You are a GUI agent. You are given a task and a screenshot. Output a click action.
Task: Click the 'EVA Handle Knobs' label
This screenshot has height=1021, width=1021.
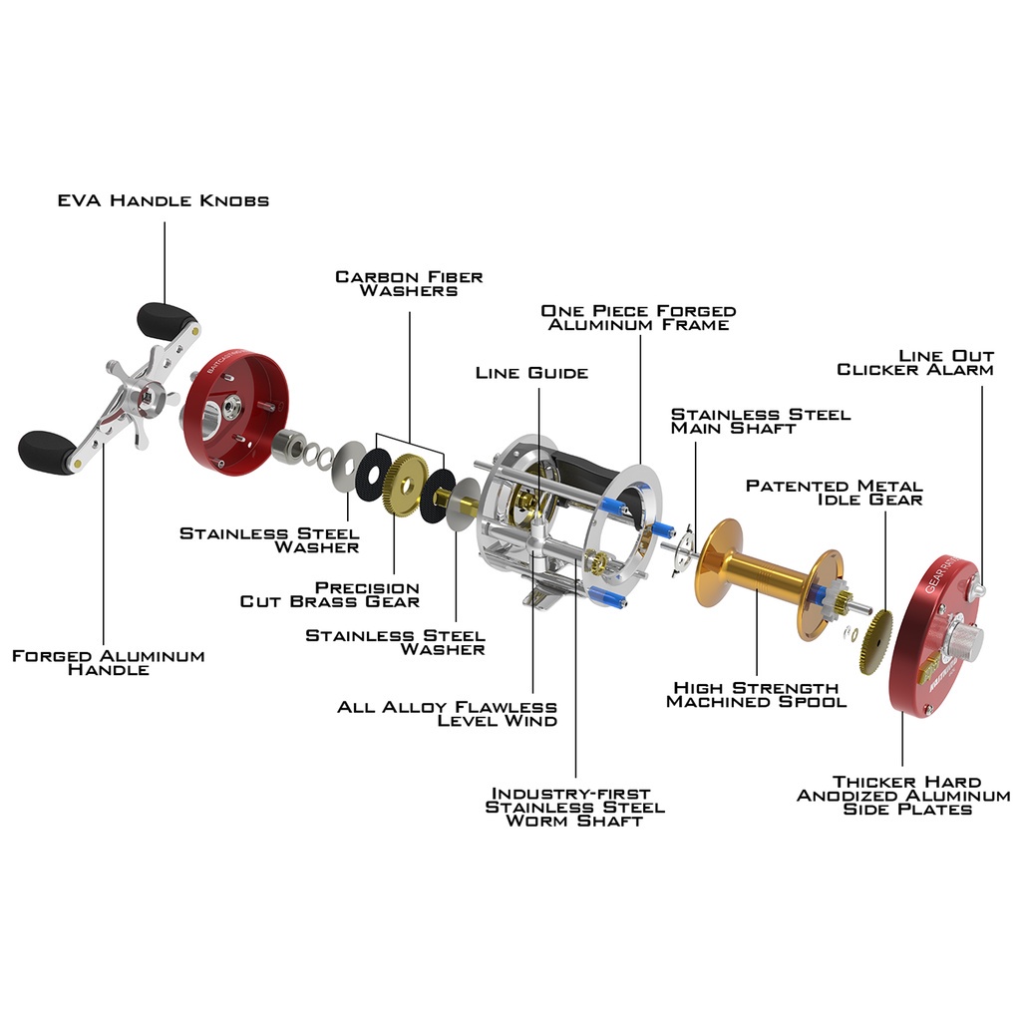(x=163, y=200)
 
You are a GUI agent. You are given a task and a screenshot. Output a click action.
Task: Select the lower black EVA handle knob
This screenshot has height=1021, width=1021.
(x=46, y=451)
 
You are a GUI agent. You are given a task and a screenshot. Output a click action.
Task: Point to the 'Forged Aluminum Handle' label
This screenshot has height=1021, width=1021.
(x=108, y=662)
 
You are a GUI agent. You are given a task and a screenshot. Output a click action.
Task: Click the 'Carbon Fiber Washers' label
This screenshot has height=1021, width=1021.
(x=409, y=283)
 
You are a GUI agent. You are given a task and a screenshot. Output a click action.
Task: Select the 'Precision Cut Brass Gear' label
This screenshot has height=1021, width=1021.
(x=330, y=594)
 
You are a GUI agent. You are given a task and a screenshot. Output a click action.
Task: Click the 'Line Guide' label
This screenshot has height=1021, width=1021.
(x=531, y=373)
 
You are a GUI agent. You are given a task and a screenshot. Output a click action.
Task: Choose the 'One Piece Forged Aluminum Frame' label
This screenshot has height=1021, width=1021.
(x=638, y=317)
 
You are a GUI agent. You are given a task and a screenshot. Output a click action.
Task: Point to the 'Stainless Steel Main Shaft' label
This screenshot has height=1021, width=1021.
(x=761, y=420)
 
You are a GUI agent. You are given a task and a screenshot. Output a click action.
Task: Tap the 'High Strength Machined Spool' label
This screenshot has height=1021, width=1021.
(x=756, y=694)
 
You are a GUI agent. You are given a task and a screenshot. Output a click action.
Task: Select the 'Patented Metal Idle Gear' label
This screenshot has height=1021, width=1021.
(x=835, y=492)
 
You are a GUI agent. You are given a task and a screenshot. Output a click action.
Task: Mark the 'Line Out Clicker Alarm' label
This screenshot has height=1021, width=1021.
(x=915, y=362)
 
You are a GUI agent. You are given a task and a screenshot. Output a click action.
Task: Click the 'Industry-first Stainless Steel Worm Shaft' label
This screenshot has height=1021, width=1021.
(x=574, y=807)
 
